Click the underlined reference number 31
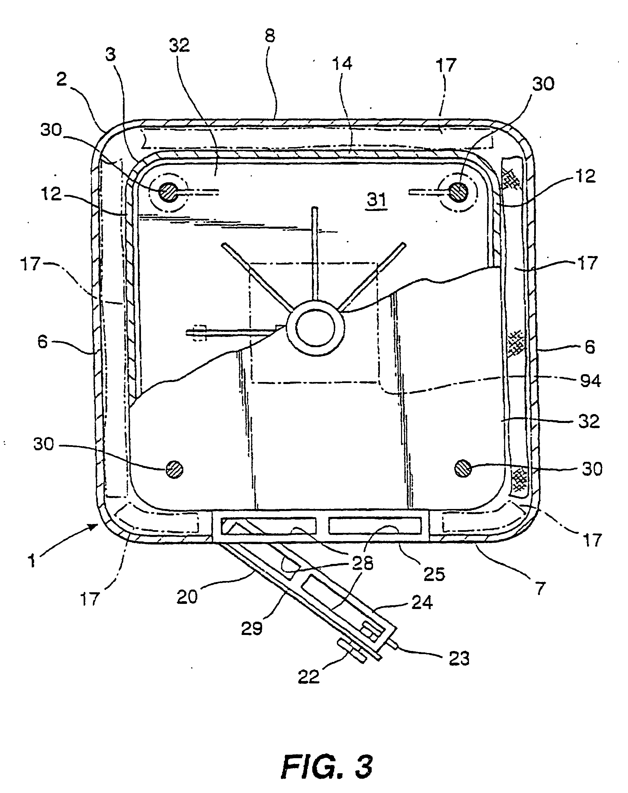coord(377,200)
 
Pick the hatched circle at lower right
coord(463,469)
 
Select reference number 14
coord(342,63)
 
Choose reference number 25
coord(434,574)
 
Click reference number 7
coord(539,588)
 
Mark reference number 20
coord(187,597)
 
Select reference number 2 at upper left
coord(61,79)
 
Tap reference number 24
coord(422,603)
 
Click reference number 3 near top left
coord(110,54)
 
